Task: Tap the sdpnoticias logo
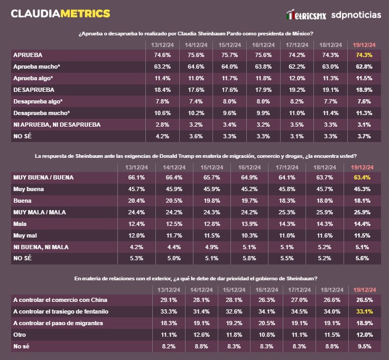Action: pos(356,15)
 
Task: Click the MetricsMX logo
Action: pos(305,15)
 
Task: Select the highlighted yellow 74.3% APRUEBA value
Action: pos(364,55)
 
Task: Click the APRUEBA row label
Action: pos(27,55)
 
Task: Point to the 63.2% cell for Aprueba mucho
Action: pos(162,67)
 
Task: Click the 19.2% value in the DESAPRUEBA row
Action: pos(296,90)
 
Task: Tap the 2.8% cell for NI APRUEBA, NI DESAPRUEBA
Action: pos(162,125)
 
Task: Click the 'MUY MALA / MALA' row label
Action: pos(39,212)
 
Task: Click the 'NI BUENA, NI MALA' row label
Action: pos(41,247)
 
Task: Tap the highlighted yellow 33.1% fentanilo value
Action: pos(364,311)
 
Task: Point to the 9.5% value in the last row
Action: pos(364,346)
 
